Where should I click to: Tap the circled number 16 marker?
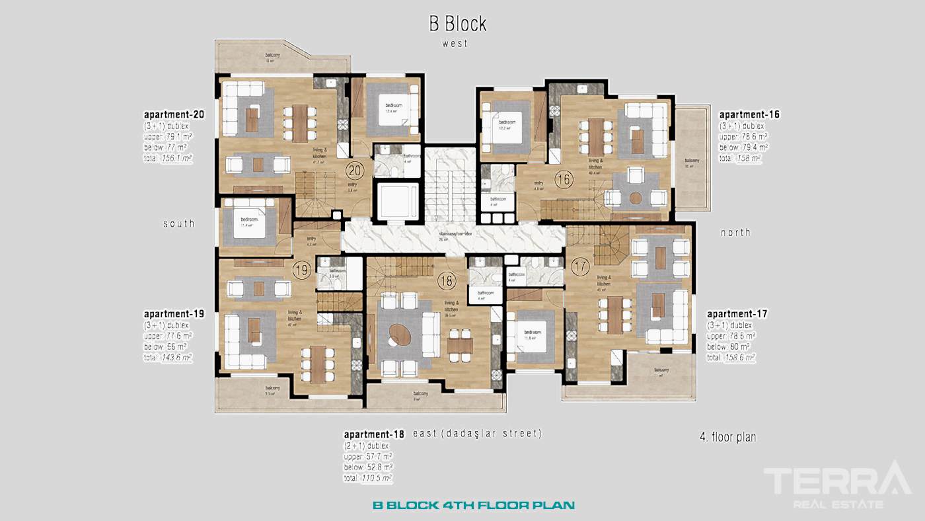click(564, 179)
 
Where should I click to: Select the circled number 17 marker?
click(579, 268)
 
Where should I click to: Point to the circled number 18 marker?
click(447, 280)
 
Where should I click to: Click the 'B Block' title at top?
click(457, 24)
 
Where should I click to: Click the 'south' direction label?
click(179, 223)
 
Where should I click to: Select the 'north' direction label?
click(735, 232)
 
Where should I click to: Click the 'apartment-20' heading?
click(174, 114)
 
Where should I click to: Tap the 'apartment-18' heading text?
click(374, 434)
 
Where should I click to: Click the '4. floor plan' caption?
click(727, 437)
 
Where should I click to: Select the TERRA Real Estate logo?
click(836, 485)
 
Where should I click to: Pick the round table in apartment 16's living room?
click(636, 197)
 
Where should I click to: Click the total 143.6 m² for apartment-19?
click(176, 357)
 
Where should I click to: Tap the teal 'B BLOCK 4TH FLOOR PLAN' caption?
click(473, 505)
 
